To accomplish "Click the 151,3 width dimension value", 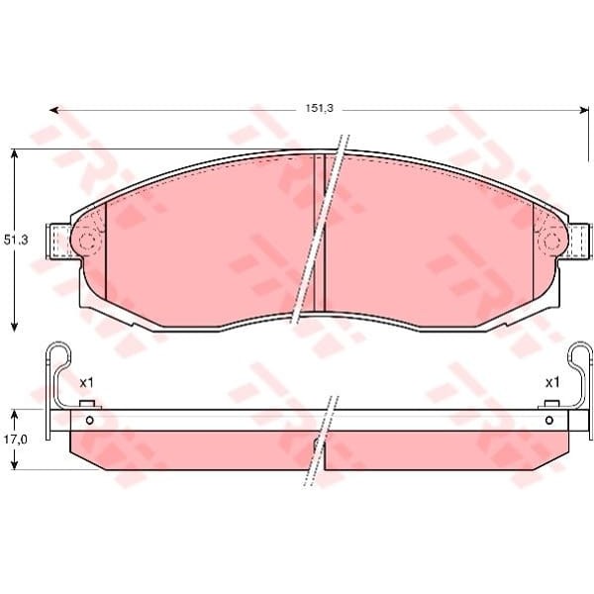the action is (320, 108).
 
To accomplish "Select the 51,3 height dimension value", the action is (16, 240).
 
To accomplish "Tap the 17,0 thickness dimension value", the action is (16, 439).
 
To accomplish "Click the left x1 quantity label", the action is (86, 383).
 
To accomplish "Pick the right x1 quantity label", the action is (552, 383).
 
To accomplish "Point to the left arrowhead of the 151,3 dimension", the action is (54, 110).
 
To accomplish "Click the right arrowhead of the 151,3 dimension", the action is (583, 110).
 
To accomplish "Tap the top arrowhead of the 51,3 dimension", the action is (15, 153).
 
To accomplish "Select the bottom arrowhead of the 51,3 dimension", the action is (15, 328).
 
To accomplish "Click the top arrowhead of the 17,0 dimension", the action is (15, 415).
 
